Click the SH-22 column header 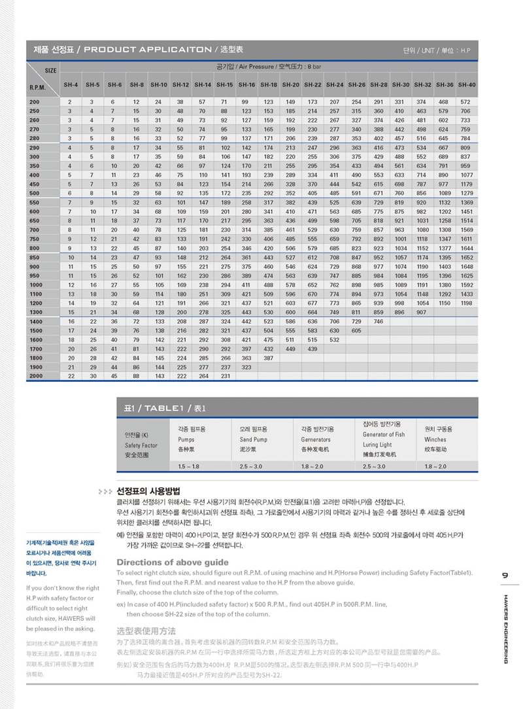click(312, 85)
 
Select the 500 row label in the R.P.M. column click(34, 193)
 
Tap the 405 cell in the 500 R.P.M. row click(312, 193)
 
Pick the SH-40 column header click(466, 85)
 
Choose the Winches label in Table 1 click(435, 440)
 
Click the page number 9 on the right click(505, 576)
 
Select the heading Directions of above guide click(172, 562)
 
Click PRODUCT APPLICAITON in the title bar click(148, 50)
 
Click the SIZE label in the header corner click(50, 70)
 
